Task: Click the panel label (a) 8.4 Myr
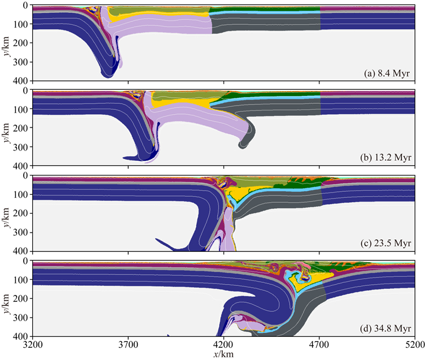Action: click(387, 73)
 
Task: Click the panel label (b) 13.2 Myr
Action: click(385, 157)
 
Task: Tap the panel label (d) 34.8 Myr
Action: click(385, 328)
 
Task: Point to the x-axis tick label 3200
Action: click(33, 345)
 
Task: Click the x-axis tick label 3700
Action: click(128, 345)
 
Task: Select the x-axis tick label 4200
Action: click(224, 345)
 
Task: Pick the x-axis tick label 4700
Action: click(319, 345)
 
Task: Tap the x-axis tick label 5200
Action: click(415, 345)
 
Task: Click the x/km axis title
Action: click(223, 354)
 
